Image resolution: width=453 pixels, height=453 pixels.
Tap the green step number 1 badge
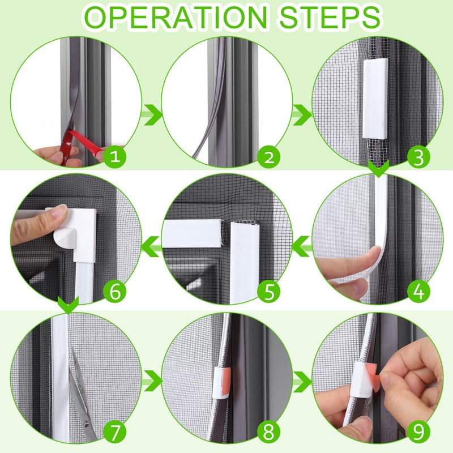pos(116,157)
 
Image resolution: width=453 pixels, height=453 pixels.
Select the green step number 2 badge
pos(268,157)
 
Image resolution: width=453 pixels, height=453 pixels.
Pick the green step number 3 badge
pos(418,157)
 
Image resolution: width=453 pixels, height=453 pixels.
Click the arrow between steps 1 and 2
pos(151,114)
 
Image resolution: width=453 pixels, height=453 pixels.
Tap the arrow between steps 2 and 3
pos(302,114)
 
